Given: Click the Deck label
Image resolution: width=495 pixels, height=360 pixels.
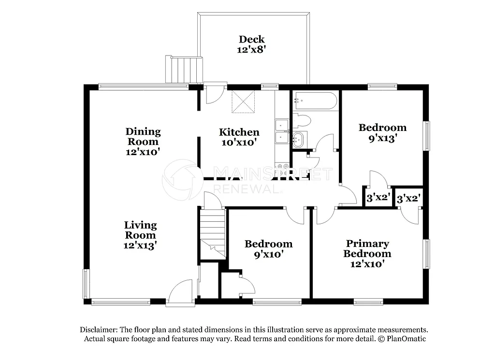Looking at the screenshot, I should tap(252, 39).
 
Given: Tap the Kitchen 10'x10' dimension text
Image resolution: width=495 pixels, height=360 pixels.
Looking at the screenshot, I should tap(239, 143).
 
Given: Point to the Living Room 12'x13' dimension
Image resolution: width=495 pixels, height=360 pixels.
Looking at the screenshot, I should tap(140, 245).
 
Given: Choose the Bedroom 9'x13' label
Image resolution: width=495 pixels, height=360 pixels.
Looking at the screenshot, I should tap(382, 128).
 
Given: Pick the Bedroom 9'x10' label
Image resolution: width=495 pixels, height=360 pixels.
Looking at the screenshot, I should tap(268, 244).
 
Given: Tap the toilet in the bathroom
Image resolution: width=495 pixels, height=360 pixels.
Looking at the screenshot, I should tap(303, 120).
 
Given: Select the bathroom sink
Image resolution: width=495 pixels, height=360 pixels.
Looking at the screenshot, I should tap(298, 139).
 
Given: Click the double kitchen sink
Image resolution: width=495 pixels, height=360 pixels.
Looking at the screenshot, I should tap(281, 132).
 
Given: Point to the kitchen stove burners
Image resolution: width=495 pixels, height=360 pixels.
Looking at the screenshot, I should tap(282, 170).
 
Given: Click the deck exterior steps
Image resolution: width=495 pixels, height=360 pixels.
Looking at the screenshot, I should tap(184, 69).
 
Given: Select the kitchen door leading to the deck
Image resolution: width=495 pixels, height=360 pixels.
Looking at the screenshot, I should tap(213, 94).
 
